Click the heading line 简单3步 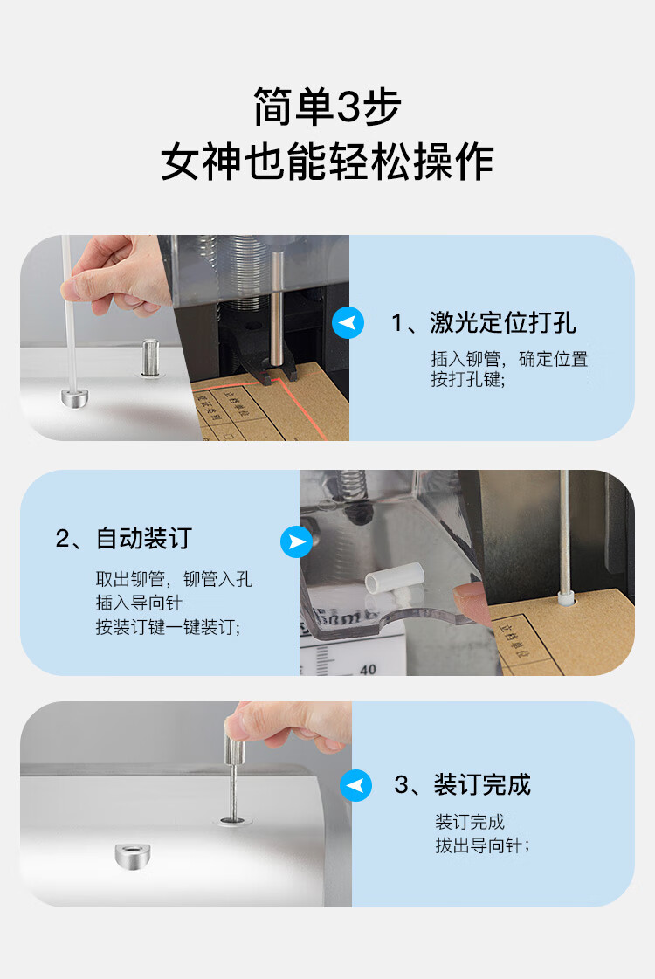coord(327,107)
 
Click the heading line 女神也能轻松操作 coord(327,162)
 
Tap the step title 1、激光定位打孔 coord(483,323)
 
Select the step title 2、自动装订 coord(124,538)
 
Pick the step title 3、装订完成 coord(462,785)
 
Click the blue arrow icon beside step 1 coord(348,323)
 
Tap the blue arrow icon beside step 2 coord(297,541)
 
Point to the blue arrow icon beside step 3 coord(356,785)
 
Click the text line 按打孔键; coord(468,379)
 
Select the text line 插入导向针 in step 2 coord(139,603)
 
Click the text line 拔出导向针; coord(482,845)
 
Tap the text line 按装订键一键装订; coord(168,627)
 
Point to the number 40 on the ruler coord(368,669)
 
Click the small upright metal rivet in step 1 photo coord(149,357)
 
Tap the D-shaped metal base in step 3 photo coord(133,854)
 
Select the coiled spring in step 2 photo coord(351,485)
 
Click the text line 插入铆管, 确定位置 coord(509,359)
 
